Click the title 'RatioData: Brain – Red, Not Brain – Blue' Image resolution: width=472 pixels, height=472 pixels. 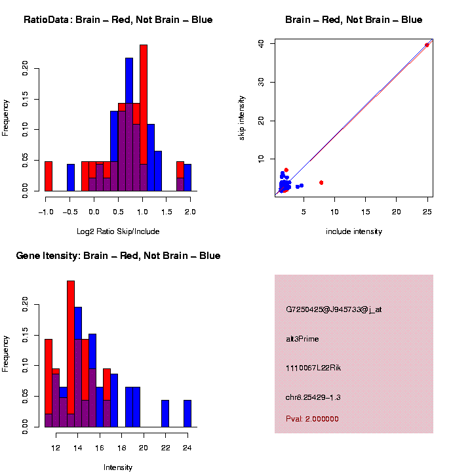click(x=118, y=20)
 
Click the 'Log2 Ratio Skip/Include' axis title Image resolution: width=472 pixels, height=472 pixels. click(x=118, y=231)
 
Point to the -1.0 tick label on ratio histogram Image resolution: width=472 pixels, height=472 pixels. click(x=45, y=211)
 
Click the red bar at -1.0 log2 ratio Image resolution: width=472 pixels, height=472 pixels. click(x=49, y=176)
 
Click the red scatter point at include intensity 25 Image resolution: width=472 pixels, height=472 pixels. click(x=427, y=45)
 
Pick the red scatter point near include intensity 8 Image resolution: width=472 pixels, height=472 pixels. click(x=321, y=182)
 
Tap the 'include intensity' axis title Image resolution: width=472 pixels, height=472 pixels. click(x=354, y=231)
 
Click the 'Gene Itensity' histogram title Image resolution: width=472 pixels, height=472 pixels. click(x=118, y=256)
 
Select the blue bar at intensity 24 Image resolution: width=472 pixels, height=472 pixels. click(x=187, y=414)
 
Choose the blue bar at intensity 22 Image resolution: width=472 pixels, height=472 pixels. click(x=165, y=414)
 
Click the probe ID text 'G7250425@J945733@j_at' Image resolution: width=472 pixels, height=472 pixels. click(x=334, y=309)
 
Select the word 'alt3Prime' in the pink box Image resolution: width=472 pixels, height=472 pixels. click(x=302, y=339)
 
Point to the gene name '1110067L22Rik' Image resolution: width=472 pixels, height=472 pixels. click(x=313, y=368)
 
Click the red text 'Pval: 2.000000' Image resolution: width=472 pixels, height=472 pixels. click(x=313, y=418)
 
